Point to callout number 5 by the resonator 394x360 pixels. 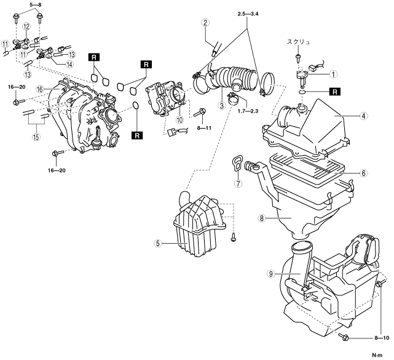click(158, 243)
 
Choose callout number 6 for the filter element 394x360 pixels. click(364, 174)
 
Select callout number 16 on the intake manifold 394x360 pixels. click(39, 89)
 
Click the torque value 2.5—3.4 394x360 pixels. click(249, 13)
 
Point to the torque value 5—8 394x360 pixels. click(35, 4)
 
